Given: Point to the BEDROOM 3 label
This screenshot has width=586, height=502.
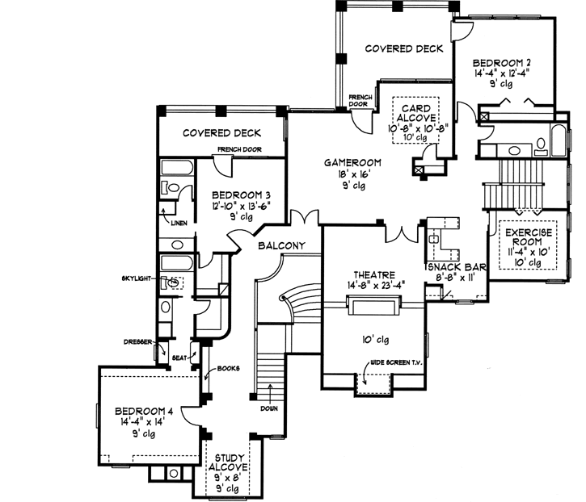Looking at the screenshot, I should pos(241,195).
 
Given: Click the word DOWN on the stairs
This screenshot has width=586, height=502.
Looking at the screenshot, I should pos(269,408).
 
